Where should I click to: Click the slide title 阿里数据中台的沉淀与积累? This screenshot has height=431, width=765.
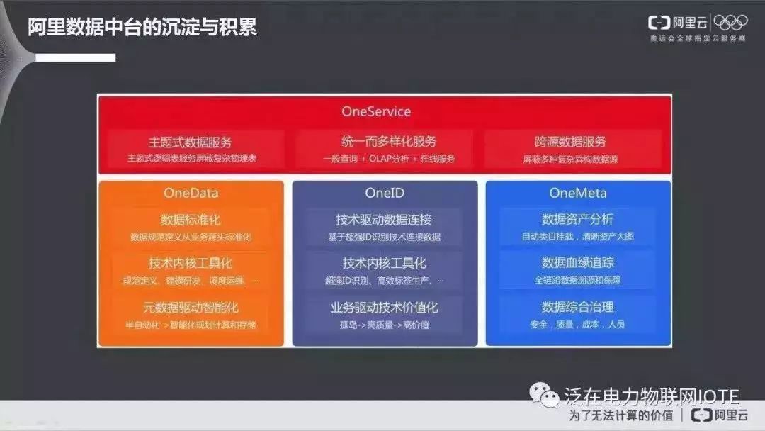point(142,28)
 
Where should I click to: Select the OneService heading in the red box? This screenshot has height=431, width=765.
point(376,111)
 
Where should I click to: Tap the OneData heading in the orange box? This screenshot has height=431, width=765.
point(191,193)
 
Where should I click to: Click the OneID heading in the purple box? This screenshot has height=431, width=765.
point(385,193)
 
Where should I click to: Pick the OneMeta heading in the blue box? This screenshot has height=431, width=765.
point(577,193)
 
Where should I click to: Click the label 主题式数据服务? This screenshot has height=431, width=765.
point(191,142)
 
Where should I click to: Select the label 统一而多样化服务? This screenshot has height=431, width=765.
point(385,142)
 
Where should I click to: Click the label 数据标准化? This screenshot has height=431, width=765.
point(191,219)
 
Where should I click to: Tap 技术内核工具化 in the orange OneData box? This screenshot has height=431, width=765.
point(191,263)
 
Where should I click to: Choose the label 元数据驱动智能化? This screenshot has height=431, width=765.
point(191,308)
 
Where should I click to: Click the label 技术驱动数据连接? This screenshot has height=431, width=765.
point(385,219)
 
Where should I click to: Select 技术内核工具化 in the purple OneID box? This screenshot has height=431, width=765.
point(385,263)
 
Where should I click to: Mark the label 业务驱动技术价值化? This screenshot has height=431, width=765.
point(385,308)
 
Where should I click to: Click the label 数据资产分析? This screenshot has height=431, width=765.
point(577,219)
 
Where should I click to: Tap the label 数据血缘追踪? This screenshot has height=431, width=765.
point(577,263)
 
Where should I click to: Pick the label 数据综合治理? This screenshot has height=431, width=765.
point(577,308)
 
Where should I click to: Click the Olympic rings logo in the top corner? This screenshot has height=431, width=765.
point(730,23)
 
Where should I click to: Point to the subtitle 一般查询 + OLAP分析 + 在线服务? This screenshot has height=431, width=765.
point(385,159)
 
